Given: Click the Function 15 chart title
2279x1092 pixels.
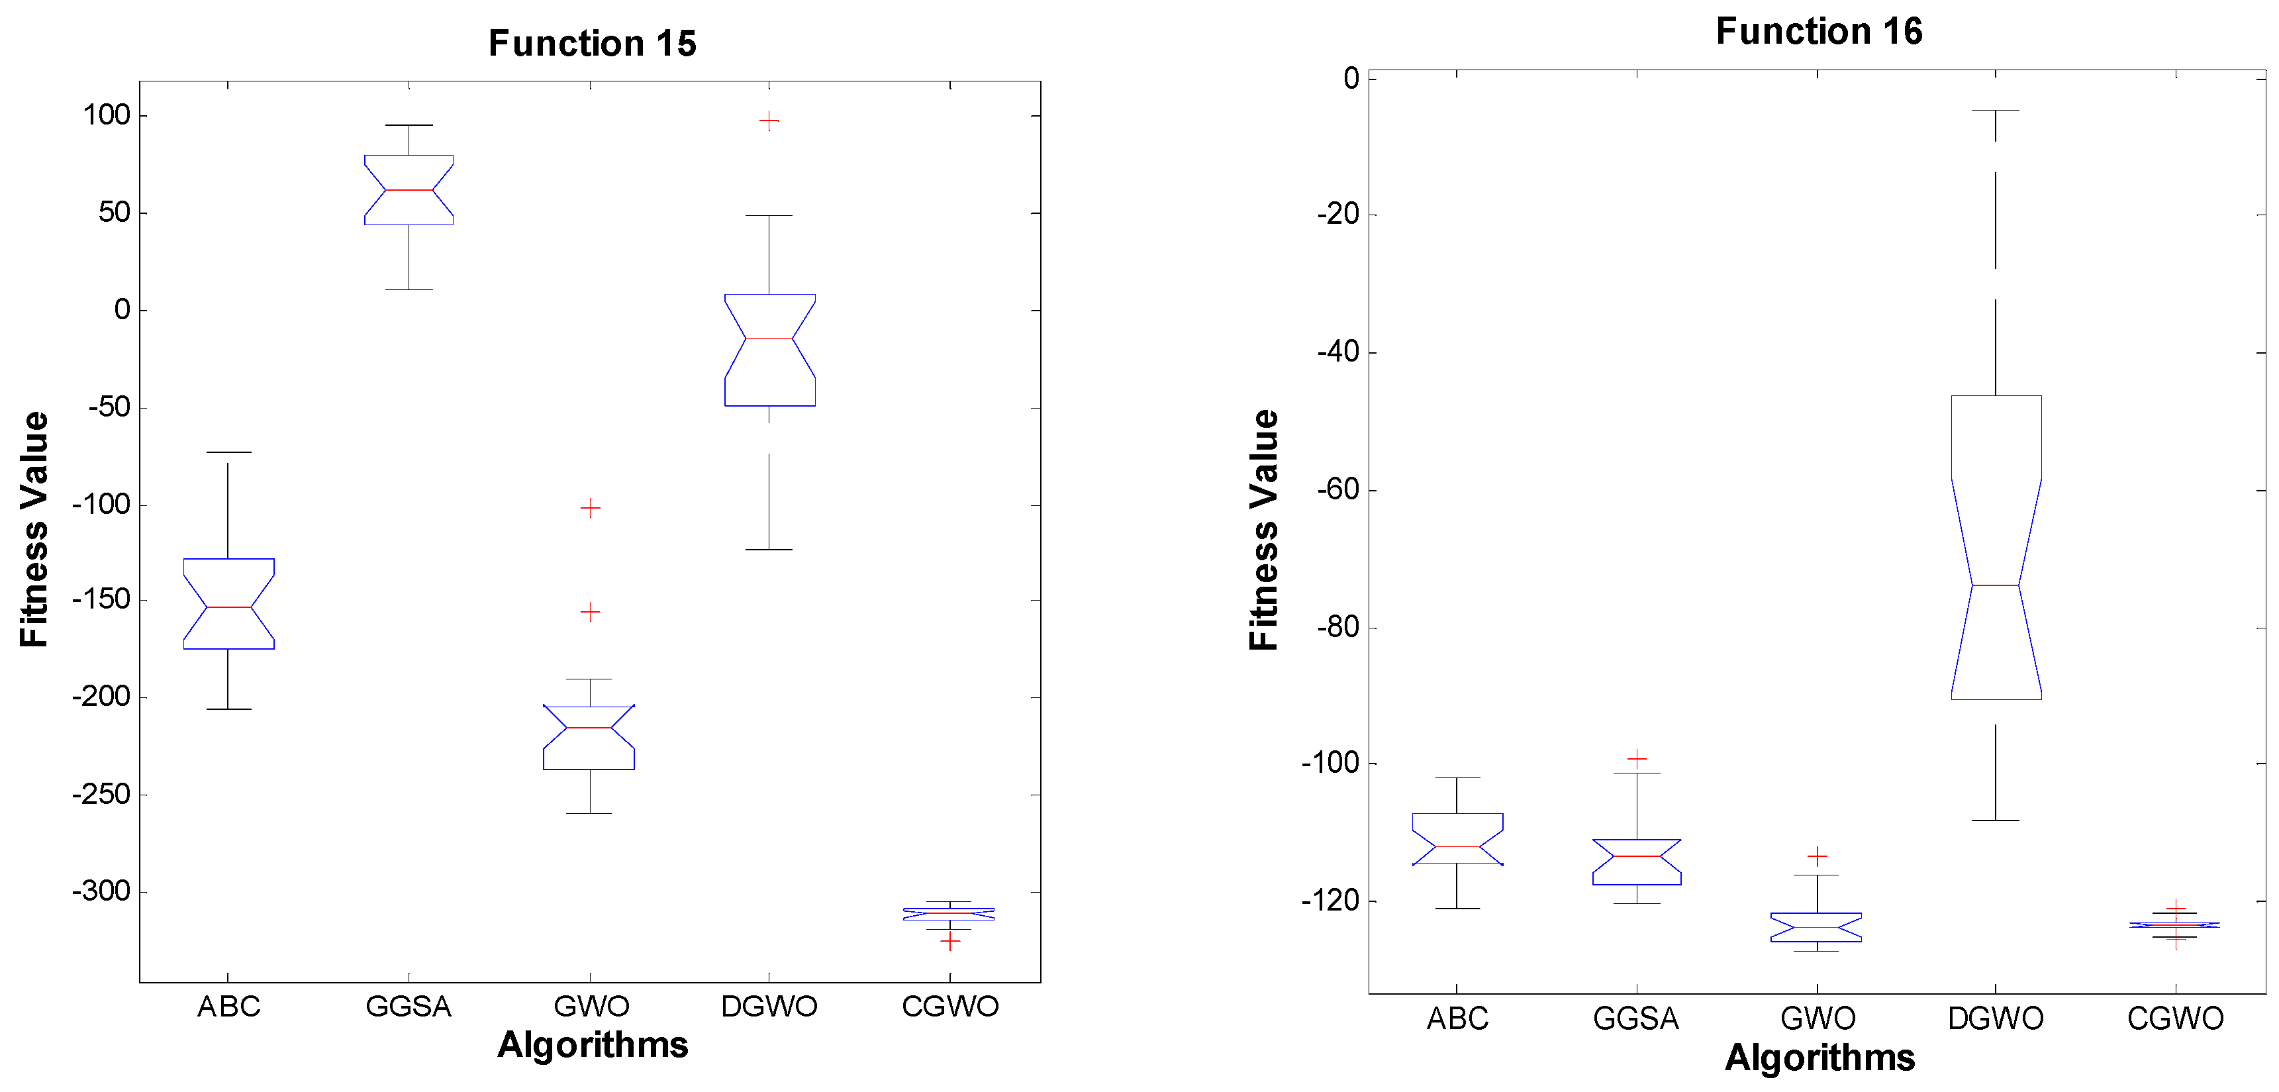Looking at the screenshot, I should click(592, 43).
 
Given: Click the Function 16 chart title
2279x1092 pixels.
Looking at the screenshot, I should click(1818, 31).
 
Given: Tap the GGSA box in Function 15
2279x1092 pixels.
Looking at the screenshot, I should click(409, 190).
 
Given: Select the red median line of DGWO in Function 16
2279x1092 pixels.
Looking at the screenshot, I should click(1995, 585).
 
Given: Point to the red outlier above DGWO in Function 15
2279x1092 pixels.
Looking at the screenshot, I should click(769, 121).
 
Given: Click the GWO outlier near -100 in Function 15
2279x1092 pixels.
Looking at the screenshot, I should click(590, 508).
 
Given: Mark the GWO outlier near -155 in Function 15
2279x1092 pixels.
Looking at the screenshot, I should click(590, 611).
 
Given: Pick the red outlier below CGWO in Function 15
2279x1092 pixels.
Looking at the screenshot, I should click(949, 940).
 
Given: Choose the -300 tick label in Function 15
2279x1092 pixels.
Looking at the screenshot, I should click(101, 891).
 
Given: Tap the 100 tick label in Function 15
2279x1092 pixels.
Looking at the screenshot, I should click(106, 115).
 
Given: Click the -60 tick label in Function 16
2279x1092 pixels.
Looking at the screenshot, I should click(1337, 489).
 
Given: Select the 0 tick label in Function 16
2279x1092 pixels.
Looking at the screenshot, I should click(1351, 79).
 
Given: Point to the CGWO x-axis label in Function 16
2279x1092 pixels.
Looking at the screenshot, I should click(2174, 1018).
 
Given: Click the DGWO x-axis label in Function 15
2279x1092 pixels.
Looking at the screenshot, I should click(769, 1006).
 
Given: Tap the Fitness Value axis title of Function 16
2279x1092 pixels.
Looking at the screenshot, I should click(1264, 530).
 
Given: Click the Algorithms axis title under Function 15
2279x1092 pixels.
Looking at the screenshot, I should click(592, 1045).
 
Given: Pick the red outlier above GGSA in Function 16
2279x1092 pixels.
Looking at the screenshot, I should click(1636, 758).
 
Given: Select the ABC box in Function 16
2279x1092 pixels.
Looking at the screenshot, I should click(1457, 839).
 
